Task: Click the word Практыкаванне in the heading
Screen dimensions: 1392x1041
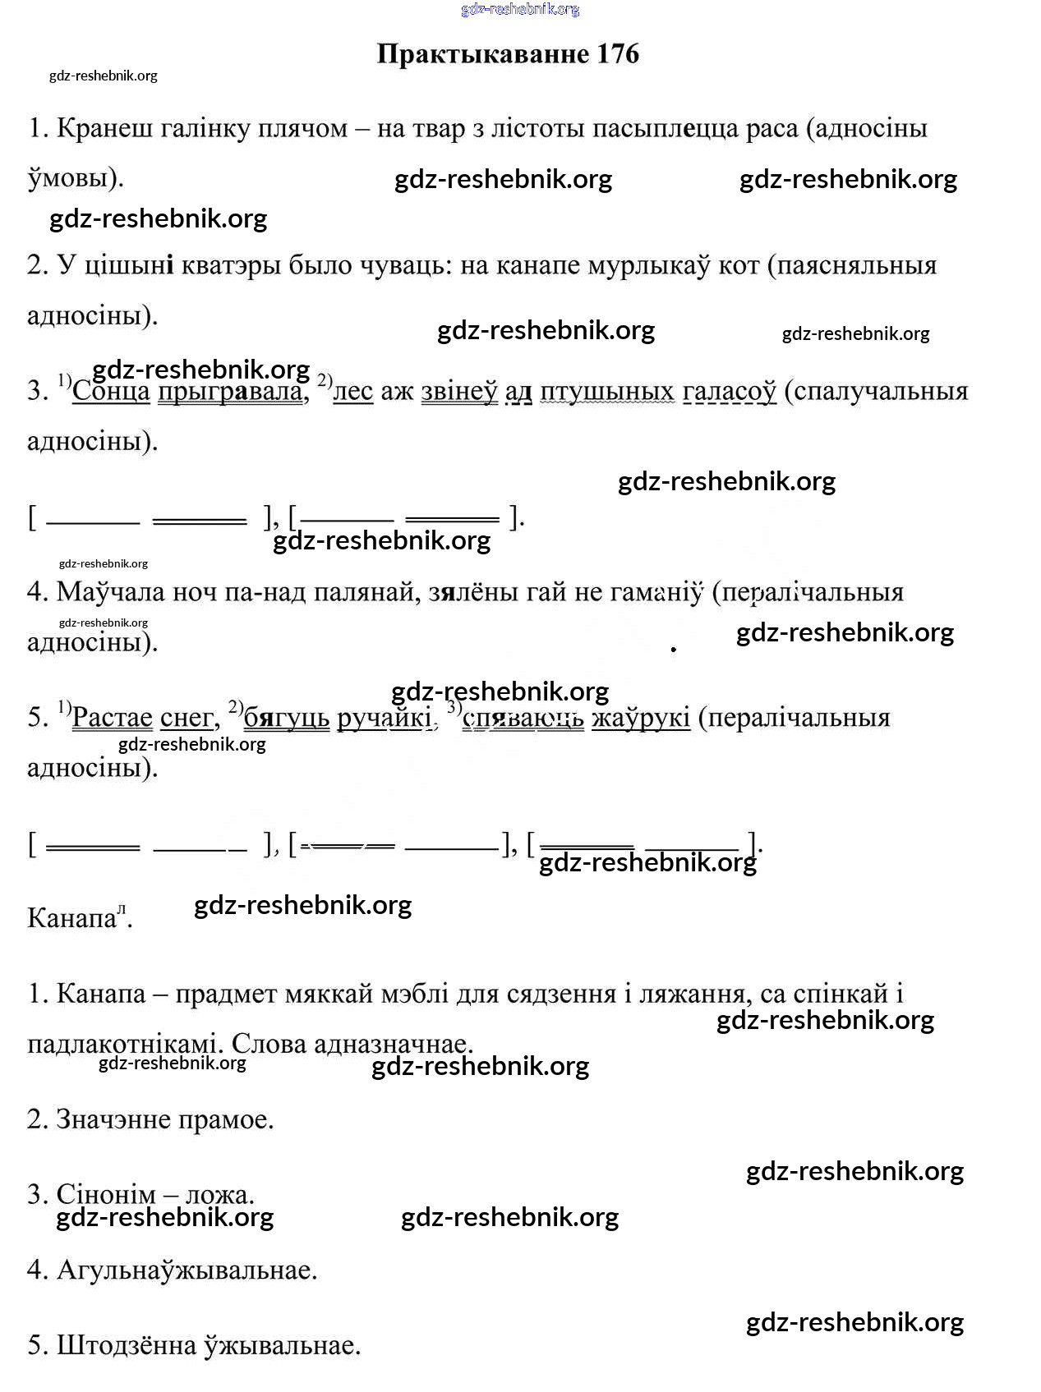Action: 482,54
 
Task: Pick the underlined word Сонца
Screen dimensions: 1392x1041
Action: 111,391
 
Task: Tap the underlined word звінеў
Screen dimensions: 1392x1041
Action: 459,391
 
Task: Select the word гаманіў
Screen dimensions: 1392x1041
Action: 657,591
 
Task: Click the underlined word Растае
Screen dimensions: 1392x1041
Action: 113,717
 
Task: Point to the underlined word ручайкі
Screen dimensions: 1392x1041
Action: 385,717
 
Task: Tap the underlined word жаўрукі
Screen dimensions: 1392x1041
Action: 641,717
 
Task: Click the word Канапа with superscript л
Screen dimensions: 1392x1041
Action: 72,917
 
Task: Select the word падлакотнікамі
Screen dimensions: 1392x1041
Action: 126,1044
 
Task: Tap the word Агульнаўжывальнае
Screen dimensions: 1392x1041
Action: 187,1270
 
